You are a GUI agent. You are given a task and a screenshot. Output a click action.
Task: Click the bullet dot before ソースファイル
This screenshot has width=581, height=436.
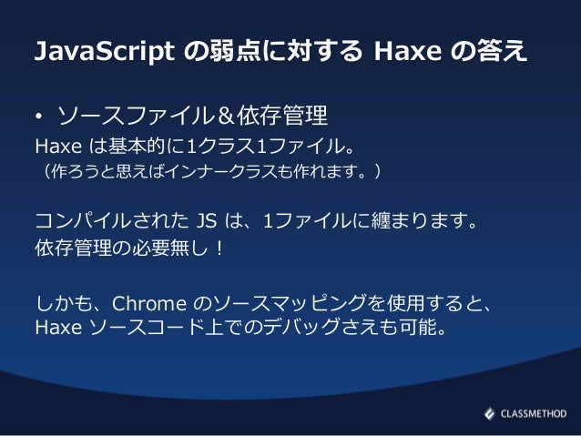39,118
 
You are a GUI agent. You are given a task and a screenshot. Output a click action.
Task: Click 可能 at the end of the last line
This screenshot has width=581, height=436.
418,326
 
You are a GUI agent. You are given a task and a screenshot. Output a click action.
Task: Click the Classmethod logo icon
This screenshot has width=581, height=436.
489,412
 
